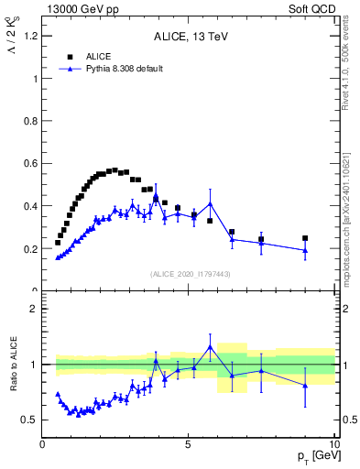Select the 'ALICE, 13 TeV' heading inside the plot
tap(189, 37)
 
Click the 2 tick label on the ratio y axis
tap(34, 309)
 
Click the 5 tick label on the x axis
tap(188, 444)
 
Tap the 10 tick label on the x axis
tap(333, 444)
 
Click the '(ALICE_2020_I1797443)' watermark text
tap(189, 274)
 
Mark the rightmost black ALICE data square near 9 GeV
tap(305, 238)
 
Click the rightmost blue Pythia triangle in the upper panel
tap(305, 250)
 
